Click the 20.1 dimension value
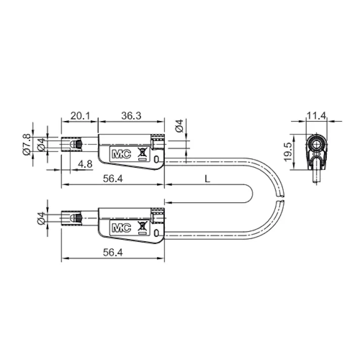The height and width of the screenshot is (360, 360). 80,116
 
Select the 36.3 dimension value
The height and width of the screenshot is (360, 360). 131,116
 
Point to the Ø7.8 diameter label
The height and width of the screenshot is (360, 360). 27,144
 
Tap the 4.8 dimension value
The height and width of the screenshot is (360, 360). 85,164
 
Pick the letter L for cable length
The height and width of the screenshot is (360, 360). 207,178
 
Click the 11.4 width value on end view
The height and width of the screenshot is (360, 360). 317,116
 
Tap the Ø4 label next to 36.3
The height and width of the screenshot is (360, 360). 179,126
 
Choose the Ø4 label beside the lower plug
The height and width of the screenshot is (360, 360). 41,218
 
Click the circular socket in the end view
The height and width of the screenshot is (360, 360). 317,143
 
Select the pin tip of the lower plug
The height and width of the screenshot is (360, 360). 64,218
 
